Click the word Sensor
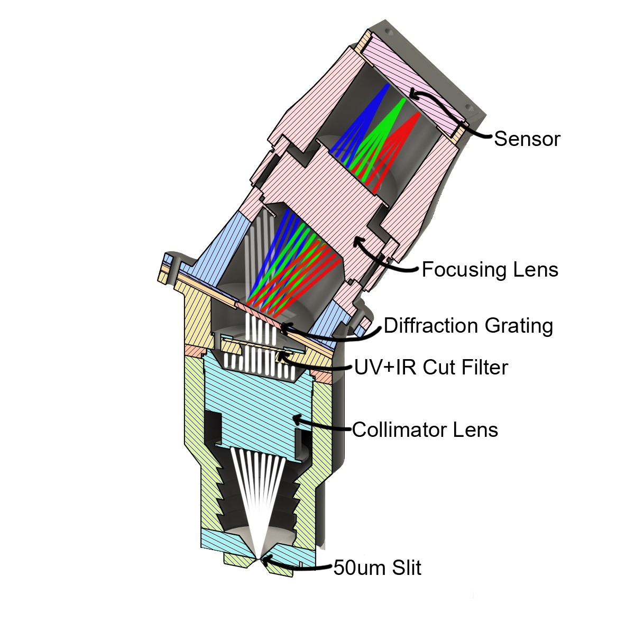(x=527, y=139)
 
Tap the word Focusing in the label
(x=458, y=270)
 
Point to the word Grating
(x=516, y=326)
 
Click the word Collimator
(x=397, y=430)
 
